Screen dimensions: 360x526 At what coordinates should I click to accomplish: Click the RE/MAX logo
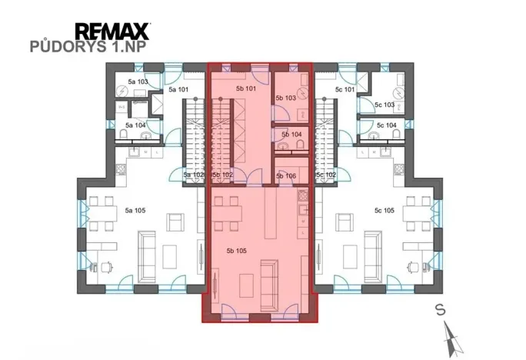click(x=112, y=32)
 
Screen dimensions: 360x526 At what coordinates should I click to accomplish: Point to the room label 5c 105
click(x=384, y=209)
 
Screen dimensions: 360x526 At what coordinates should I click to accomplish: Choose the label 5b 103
click(x=285, y=98)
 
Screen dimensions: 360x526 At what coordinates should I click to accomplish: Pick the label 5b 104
click(x=292, y=135)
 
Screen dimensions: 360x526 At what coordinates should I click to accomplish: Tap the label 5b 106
click(x=285, y=175)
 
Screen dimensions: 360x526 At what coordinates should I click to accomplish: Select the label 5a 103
click(x=137, y=81)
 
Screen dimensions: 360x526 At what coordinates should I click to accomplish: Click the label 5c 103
click(x=385, y=105)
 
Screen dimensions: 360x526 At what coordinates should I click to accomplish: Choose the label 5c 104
click(x=387, y=125)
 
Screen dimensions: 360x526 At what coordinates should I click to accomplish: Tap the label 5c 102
click(x=326, y=175)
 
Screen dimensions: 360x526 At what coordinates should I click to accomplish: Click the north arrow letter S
click(x=439, y=310)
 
